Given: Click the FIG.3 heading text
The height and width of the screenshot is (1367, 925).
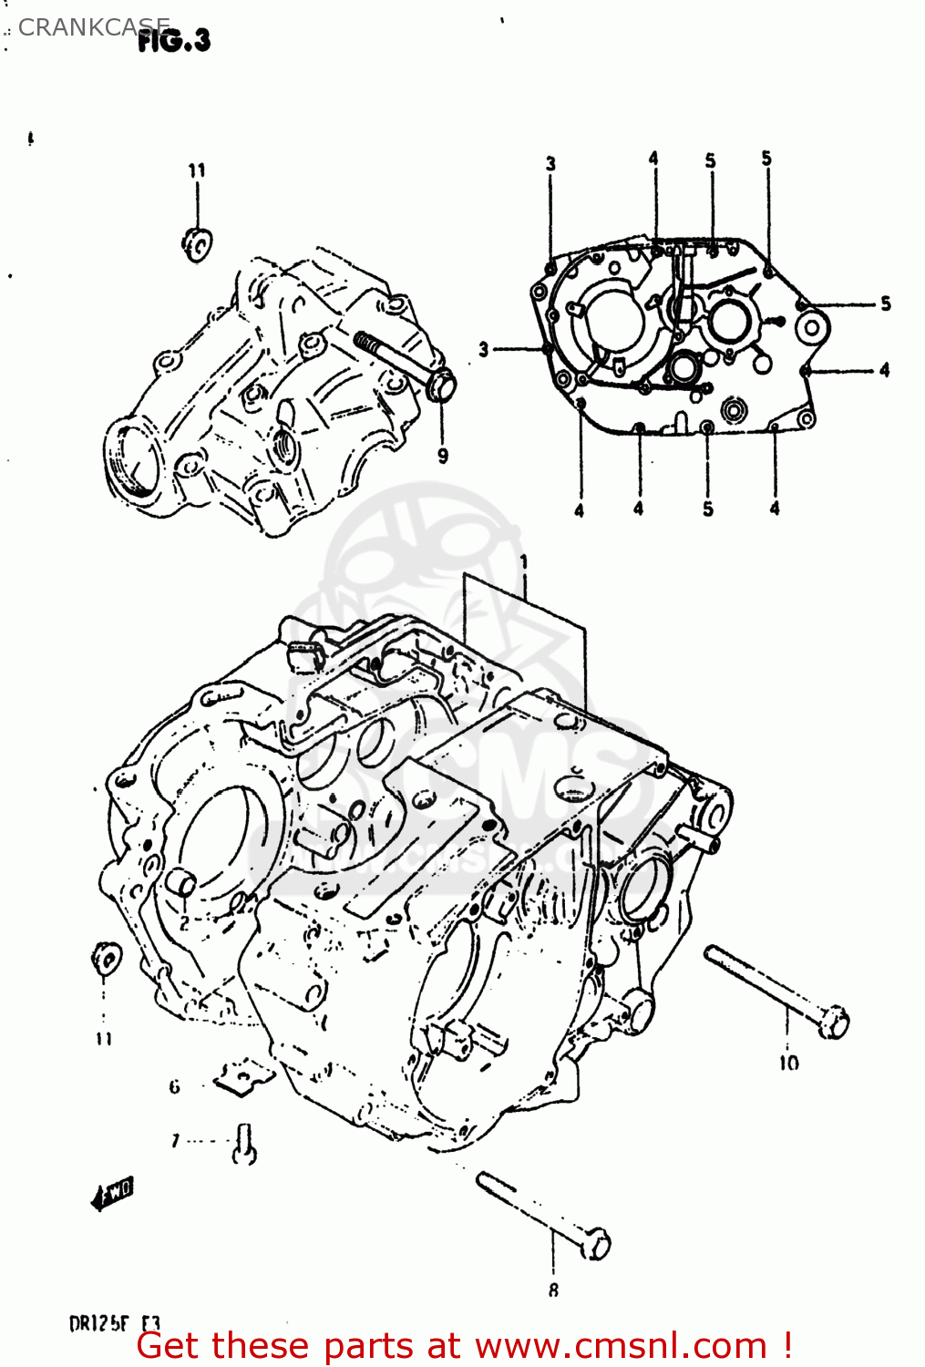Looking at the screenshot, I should pyautogui.click(x=174, y=41).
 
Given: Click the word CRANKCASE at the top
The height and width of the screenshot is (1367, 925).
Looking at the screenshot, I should pyautogui.click(x=93, y=27).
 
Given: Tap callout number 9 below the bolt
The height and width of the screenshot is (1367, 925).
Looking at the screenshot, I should pyautogui.click(x=443, y=456).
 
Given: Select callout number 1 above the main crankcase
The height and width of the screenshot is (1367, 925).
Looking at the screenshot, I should pyautogui.click(x=524, y=563).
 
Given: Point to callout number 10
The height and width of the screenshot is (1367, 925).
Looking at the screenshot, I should pyautogui.click(x=788, y=1063).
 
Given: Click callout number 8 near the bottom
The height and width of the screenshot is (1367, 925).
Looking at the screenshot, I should pyautogui.click(x=553, y=1290).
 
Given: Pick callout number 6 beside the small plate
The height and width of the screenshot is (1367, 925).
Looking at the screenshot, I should pyautogui.click(x=174, y=1086).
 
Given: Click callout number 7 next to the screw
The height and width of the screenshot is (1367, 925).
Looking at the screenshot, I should pyautogui.click(x=176, y=1140).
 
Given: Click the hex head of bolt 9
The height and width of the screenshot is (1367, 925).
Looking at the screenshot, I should pyautogui.click(x=441, y=385).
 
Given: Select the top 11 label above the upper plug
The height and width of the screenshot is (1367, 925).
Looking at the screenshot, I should pyautogui.click(x=197, y=170).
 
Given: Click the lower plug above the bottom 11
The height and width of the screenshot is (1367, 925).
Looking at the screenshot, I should pyautogui.click(x=107, y=959).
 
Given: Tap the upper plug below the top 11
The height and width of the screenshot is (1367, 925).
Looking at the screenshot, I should pyautogui.click(x=197, y=244).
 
